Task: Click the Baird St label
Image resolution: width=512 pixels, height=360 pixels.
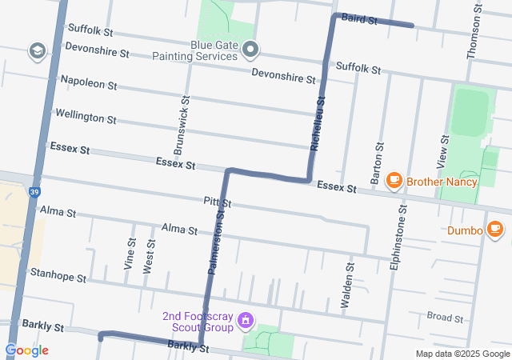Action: [359, 19]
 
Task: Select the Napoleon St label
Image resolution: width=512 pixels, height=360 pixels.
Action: [89, 83]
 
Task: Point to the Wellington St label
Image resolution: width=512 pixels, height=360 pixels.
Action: [86, 117]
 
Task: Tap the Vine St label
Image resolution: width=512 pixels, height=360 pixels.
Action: [130, 253]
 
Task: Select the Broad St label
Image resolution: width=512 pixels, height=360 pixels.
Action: [445, 318]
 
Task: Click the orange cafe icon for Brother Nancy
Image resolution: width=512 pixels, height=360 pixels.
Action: [394, 182]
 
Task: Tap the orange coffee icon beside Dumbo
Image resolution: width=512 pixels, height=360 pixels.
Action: [495, 230]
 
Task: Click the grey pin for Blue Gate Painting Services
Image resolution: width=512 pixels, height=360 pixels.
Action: [251, 51]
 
